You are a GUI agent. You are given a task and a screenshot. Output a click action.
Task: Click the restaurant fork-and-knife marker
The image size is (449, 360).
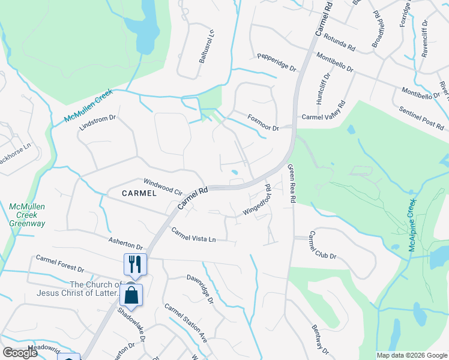(134, 263)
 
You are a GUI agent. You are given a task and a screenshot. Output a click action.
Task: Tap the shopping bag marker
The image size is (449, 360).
(131, 295)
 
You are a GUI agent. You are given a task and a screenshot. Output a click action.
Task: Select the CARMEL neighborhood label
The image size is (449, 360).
(139, 193)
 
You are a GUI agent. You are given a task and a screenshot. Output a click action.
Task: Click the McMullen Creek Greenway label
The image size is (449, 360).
(27, 215)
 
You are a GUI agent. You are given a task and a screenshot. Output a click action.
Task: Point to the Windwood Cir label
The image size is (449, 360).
(162, 187)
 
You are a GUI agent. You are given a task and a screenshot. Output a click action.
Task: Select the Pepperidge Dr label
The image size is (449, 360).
(277, 64)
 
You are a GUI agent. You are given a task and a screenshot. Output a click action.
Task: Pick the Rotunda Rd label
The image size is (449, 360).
(340, 40)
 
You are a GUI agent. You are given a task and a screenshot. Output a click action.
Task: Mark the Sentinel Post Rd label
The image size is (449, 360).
(421, 118)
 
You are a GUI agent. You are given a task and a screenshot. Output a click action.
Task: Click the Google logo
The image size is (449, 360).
(20, 353)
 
